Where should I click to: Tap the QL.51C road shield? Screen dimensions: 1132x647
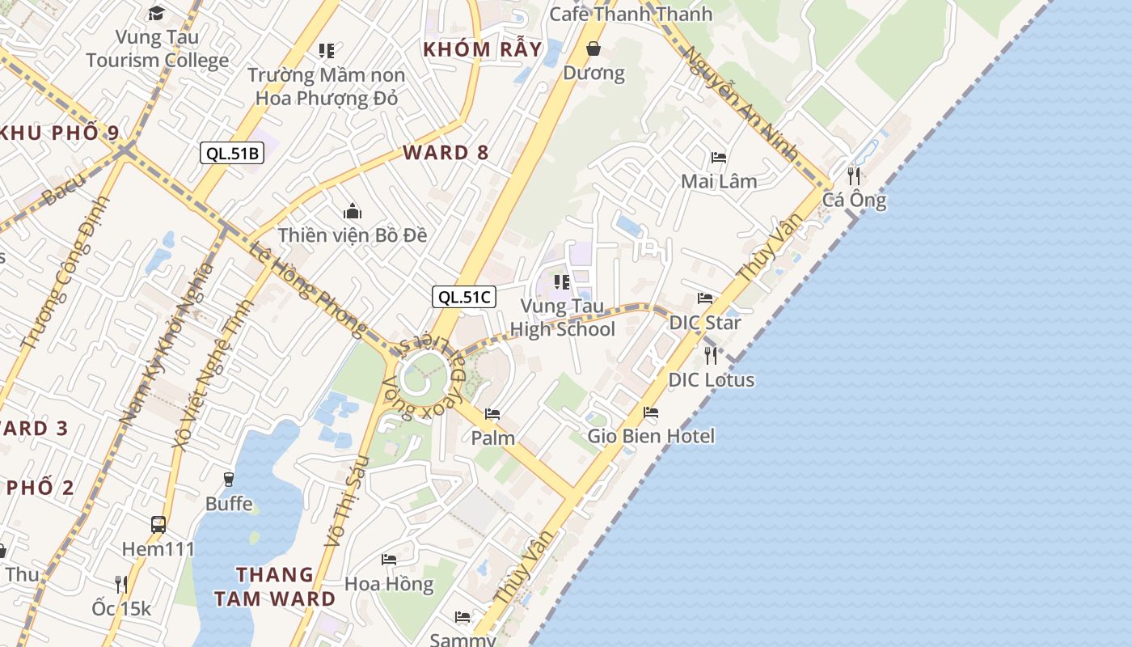pos(464,297)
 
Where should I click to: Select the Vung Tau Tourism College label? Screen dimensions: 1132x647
pos(158,49)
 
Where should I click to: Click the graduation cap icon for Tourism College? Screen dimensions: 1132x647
pos(156,13)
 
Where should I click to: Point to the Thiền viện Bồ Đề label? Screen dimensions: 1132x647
pos(353,235)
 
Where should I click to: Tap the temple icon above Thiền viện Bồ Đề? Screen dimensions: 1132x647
pos(353,212)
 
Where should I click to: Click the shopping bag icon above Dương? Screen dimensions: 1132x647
pos(593,49)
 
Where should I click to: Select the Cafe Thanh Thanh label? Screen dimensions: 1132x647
pos(631,14)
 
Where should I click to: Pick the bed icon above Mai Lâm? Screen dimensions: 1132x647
pos(719,157)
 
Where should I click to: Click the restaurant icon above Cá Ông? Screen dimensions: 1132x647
pos(854,175)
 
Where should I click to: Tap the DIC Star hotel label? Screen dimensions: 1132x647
pos(705,323)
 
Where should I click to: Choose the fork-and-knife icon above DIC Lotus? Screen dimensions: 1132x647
pos(711,355)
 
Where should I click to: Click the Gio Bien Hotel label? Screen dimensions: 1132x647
pos(651,436)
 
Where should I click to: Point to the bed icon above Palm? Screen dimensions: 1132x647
pos(492,414)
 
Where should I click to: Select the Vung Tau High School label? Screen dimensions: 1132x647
pos(563,318)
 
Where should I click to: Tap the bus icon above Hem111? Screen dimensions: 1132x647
pos(158,525)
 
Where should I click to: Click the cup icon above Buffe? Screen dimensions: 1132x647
pos(229,479)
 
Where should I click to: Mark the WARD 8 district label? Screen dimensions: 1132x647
pos(446,153)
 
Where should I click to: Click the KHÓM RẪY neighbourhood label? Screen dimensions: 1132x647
pos(482,49)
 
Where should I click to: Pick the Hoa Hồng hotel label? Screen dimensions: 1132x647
pos(389,583)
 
